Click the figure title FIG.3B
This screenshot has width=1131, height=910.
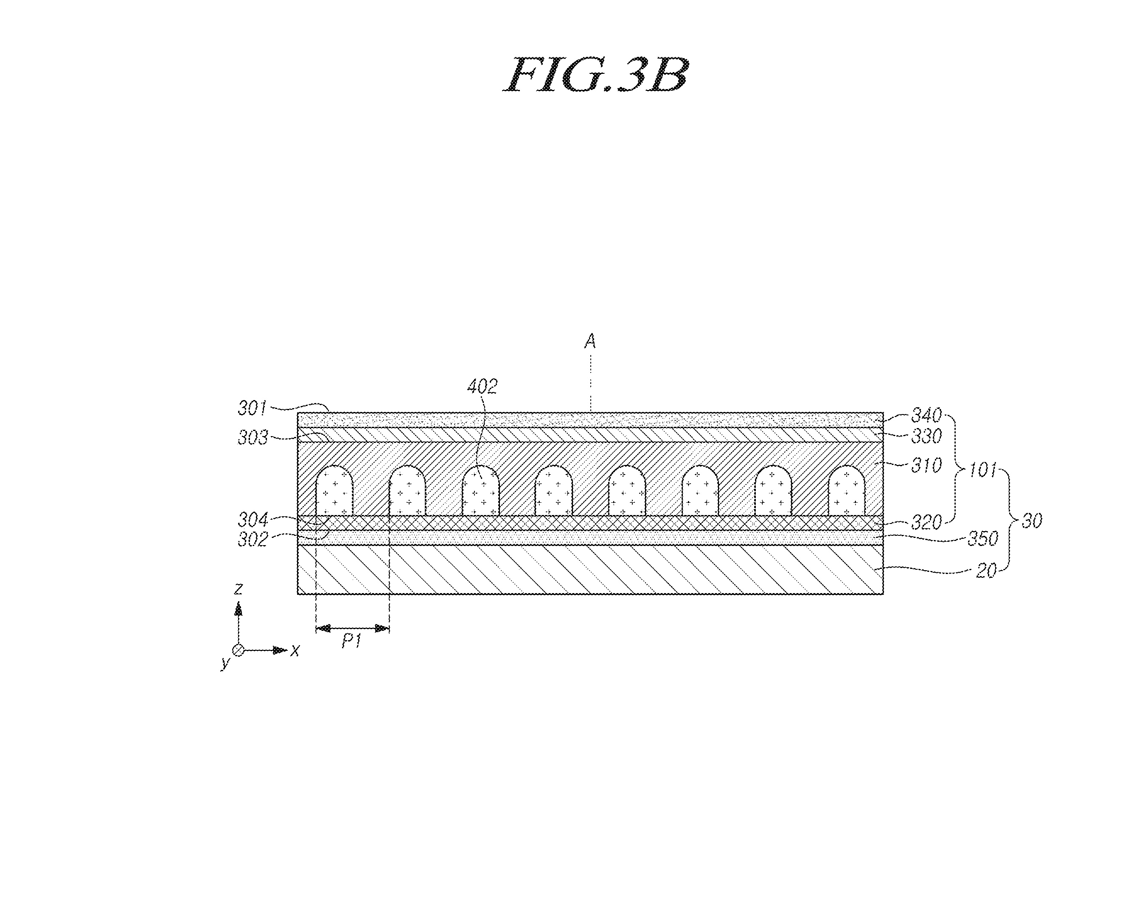coord(595,75)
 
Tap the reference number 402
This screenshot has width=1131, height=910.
coord(482,386)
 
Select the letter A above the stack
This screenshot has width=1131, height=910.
coord(590,342)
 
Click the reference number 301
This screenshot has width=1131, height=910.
coord(253,408)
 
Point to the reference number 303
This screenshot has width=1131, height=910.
coord(253,437)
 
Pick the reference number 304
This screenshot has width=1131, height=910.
coord(253,520)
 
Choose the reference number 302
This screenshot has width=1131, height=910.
coord(253,539)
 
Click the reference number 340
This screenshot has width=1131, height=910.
coord(926,415)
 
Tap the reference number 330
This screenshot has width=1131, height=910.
coord(926,436)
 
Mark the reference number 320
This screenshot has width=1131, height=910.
coord(926,522)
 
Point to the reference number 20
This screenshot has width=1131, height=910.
coord(986,571)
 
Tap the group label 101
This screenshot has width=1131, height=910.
coord(982,470)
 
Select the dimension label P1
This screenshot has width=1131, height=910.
coord(351,641)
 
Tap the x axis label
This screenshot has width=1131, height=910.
coord(295,651)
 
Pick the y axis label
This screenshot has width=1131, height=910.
coord(226,662)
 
